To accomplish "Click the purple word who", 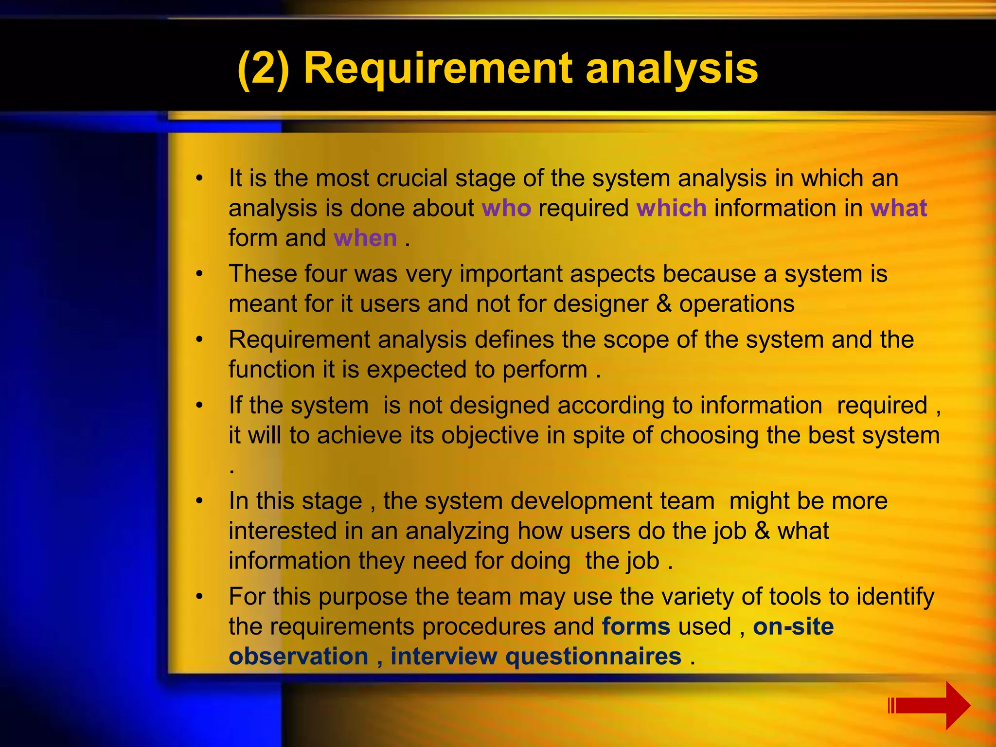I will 506,208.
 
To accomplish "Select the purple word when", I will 365,238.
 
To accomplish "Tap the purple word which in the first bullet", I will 671,208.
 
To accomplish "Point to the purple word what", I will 898,208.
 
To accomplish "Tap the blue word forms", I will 636,626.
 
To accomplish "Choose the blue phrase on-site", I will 793,626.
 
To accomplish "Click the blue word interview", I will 444,657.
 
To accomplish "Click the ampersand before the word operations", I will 664,304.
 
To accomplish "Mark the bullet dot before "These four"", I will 199,274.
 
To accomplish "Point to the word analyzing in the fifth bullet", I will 457,531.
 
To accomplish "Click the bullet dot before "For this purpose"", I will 199,597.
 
